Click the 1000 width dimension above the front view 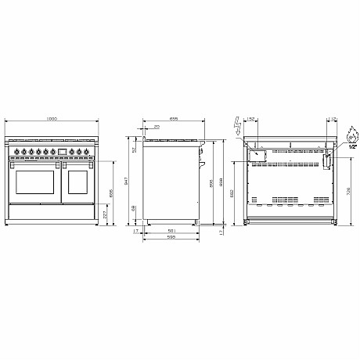[x=52, y=118]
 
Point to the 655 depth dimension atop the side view [x=173, y=118]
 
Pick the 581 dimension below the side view [x=171, y=230]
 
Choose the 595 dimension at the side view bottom [x=171, y=237]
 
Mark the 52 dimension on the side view [x=134, y=149]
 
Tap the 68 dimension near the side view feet [x=134, y=208]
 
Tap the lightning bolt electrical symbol [x=236, y=124]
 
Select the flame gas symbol [x=352, y=131]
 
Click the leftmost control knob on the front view [x=16, y=152]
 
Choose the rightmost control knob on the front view [x=87, y=152]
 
